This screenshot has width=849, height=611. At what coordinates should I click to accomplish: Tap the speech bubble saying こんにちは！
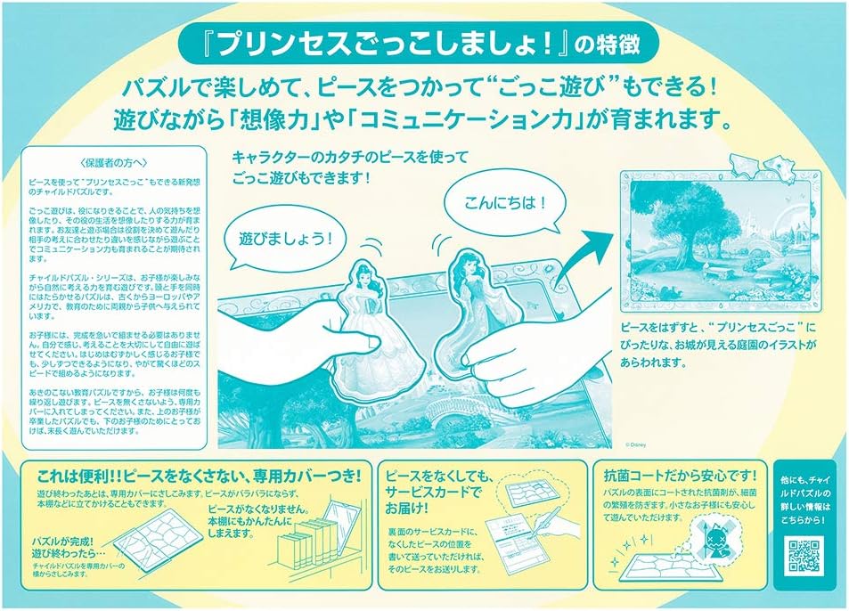tap(501, 202)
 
